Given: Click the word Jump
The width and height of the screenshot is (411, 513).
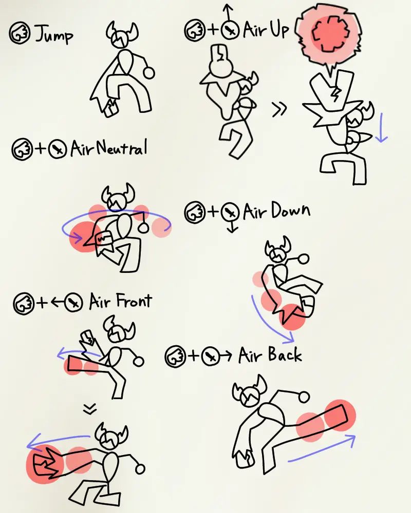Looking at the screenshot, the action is (x=54, y=34).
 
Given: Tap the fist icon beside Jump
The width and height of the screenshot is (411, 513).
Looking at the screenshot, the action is (x=20, y=33).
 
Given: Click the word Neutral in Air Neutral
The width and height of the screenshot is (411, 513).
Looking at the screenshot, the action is (x=122, y=148).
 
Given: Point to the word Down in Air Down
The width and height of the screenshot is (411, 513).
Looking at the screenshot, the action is (x=290, y=211).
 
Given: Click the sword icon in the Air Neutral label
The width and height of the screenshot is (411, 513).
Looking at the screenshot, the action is (x=58, y=149).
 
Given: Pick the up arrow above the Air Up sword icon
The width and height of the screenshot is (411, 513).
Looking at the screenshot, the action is (x=228, y=11).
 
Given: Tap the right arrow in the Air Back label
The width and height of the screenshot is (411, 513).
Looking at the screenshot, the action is (x=226, y=356).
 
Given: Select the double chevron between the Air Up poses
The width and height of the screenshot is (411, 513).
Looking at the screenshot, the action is (x=279, y=109).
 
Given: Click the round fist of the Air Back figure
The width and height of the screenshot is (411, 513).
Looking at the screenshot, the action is (x=304, y=397).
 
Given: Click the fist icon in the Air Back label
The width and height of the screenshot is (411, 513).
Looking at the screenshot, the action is (x=176, y=357).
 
